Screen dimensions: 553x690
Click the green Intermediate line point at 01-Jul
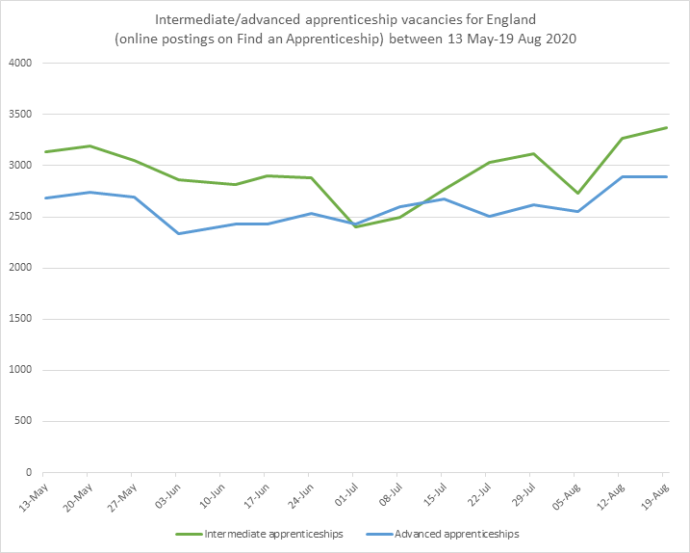pyautogui.click(x=353, y=226)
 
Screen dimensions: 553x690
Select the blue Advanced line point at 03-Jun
pyautogui.click(x=177, y=233)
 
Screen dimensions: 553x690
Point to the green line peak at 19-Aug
pyautogui.click(x=667, y=128)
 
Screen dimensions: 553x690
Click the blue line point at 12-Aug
pyautogui.click(x=623, y=177)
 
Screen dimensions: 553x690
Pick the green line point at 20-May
pyautogui.click(x=89, y=146)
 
